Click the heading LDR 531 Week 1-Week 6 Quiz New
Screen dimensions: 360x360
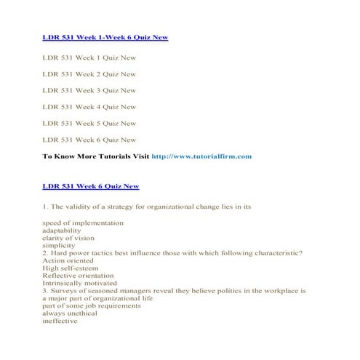[x=105, y=36]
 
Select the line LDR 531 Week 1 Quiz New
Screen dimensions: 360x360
[x=89, y=57]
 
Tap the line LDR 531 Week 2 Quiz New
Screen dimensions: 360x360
[x=89, y=74]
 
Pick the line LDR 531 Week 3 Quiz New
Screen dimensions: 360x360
[x=89, y=91]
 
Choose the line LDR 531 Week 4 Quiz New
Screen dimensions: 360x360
[x=89, y=107]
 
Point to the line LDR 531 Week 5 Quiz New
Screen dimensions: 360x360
[x=89, y=124]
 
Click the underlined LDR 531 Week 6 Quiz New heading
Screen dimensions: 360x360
[x=91, y=187]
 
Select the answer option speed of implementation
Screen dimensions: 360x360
[x=83, y=223]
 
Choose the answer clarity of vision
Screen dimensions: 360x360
[x=68, y=239]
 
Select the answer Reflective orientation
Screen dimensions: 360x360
[x=79, y=276]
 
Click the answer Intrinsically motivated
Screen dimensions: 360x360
[x=81, y=284]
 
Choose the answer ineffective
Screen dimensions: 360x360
[x=60, y=322]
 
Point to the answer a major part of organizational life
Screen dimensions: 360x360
[x=98, y=299]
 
